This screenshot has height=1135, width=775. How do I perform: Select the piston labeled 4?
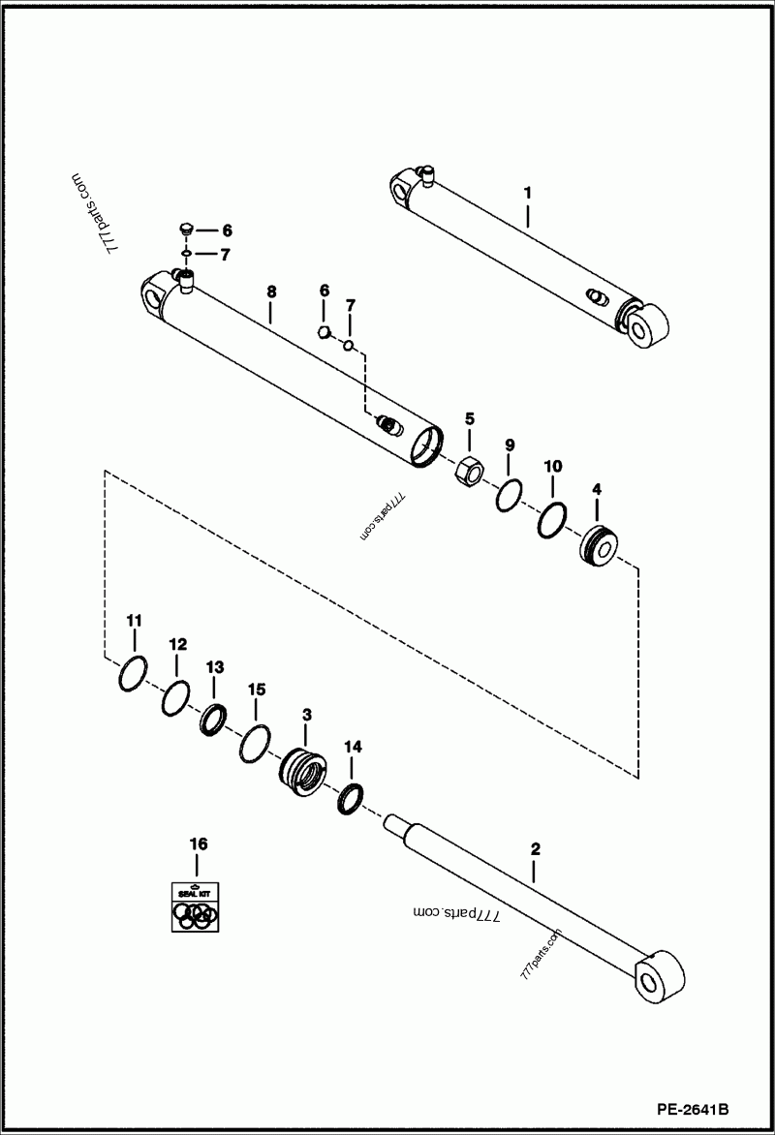(599, 548)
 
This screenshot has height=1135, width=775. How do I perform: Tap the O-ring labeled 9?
(510, 496)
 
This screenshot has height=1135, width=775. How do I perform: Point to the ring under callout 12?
(175, 696)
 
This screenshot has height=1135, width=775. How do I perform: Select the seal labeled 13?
(213, 721)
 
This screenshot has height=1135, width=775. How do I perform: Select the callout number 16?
(198, 844)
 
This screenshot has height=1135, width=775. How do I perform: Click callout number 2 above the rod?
(535, 849)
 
